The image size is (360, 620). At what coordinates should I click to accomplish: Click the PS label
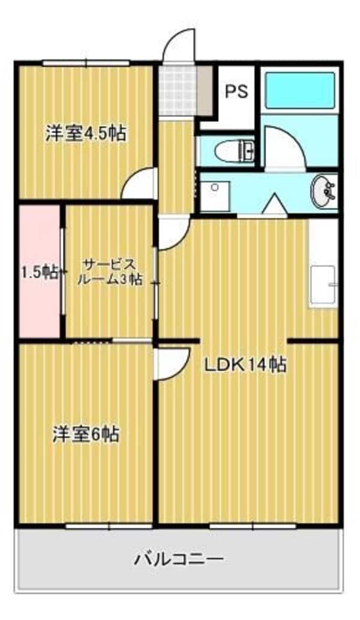click(x=236, y=92)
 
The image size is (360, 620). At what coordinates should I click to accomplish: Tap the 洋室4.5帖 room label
click(x=86, y=133)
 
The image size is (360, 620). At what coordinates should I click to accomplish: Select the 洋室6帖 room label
click(x=85, y=434)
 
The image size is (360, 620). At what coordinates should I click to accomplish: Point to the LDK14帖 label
click(x=245, y=364)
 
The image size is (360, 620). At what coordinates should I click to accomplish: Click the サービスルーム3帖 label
click(x=112, y=272)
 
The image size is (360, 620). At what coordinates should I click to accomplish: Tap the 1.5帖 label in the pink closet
click(x=40, y=273)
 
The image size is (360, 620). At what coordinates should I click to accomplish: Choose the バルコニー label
click(x=179, y=560)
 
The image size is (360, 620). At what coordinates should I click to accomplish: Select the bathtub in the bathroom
click(x=299, y=91)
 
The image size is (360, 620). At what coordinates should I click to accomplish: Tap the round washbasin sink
click(x=325, y=192)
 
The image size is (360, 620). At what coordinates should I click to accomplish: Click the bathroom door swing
click(x=284, y=148)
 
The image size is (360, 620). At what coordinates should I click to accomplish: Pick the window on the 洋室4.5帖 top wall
click(x=86, y=62)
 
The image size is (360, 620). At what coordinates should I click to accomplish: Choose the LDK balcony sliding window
click(x=253, y=526)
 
